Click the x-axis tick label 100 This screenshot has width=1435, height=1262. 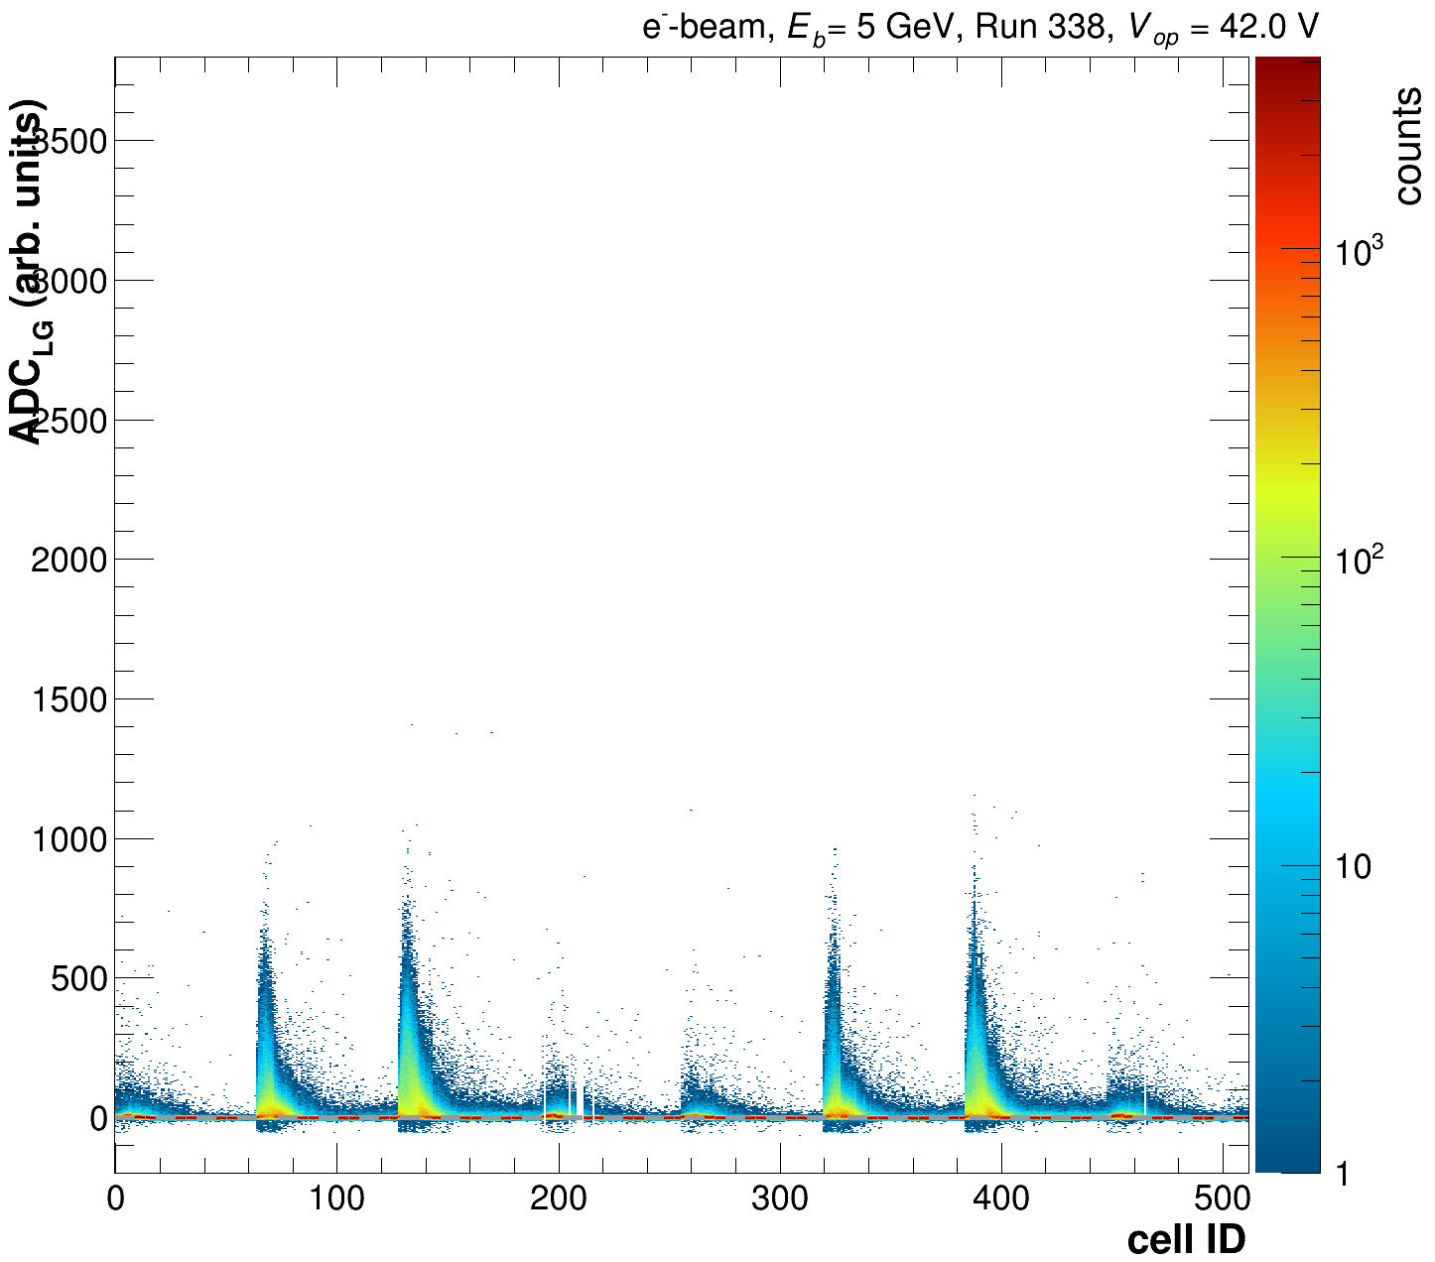[336, 1199]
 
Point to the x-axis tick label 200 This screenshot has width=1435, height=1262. [558, 1199]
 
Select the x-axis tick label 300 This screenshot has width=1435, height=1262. [779, 1199]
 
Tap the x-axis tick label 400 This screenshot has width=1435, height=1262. [1000, 1199]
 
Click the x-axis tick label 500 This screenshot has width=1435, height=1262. [1222, 1199]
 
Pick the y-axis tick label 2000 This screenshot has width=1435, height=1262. [68, 561]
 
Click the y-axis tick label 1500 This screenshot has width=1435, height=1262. [68, 700]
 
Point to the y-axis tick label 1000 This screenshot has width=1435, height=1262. [68, 840]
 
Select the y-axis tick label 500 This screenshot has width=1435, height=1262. [78, 979]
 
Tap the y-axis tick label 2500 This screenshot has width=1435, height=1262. [68, 421]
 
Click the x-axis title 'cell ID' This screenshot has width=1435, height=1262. [1186, 1239]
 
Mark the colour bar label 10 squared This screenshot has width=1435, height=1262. [1359, 560]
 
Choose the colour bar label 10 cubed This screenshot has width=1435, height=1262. [1359, 252]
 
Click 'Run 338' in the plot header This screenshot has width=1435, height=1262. [1041, 27]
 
